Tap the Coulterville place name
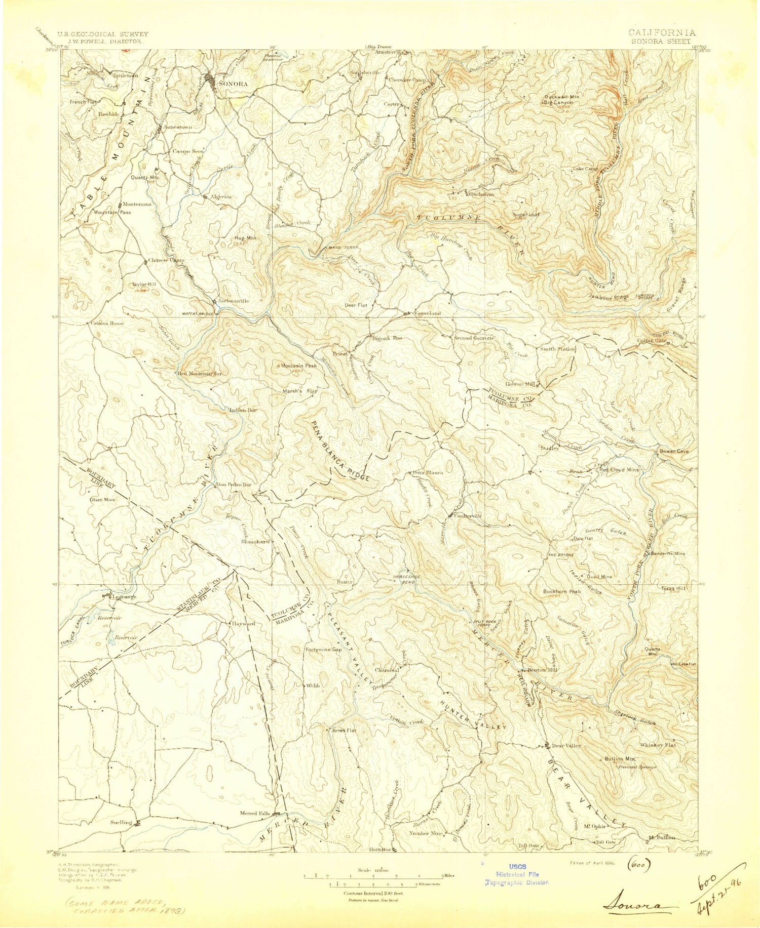click(x=467, y=515)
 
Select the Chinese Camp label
click(x=166, y=260)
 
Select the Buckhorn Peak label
click(x=562, y=591)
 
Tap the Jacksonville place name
click(x=234, y=301)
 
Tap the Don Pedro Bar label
click(x=234, y=485)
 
